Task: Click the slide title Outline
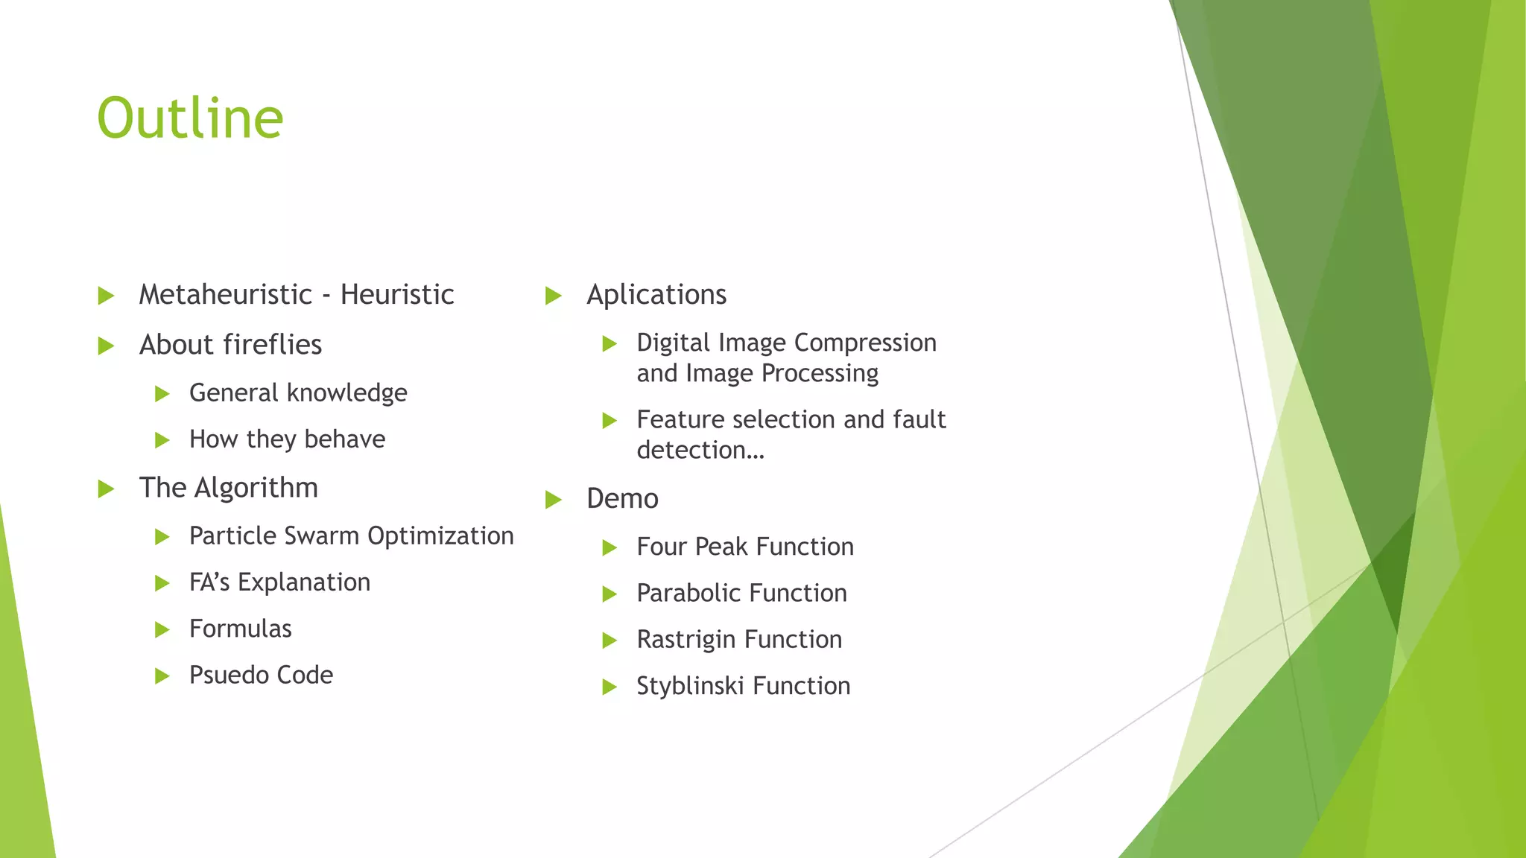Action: coord(190,118)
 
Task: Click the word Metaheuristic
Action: coord(226,295)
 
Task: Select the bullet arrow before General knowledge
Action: coord(162,394)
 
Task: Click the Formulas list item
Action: coord(240,629)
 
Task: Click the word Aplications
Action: coord(656,295)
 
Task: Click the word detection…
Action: coord(700,451)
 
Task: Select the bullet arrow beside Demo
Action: coord(553,500)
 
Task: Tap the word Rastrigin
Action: coord(686,640)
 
